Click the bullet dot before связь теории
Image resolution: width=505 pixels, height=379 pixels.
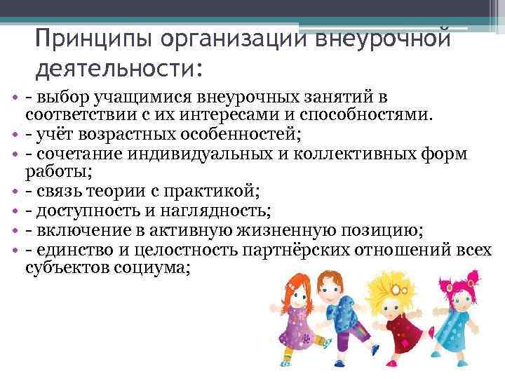[x=15, y=190]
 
